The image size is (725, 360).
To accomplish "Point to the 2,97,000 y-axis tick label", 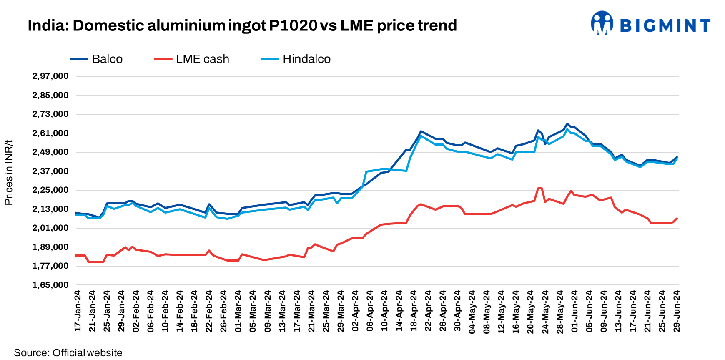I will tap(50, 76).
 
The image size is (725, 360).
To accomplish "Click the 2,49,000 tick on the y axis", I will tap(50, 152).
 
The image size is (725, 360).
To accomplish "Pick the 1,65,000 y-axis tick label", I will tap(50, 285).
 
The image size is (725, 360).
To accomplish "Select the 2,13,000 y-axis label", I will tap(50, 209).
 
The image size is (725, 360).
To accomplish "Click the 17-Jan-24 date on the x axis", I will tap(78, 311).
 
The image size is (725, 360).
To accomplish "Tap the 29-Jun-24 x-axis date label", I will tap(677, 311).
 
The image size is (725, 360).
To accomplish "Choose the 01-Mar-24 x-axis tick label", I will tap(238, 311).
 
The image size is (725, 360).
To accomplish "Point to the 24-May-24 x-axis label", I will tap(545, 311).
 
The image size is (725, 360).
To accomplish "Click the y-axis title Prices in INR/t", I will tap(9, 173).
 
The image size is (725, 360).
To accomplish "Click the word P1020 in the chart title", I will tap(293, 25).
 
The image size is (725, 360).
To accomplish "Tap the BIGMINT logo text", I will tap(665, 25).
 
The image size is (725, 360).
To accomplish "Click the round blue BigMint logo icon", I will tap(602, 23).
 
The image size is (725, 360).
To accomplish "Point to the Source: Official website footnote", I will tap(68, 353).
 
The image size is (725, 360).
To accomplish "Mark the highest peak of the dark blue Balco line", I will tap(567, 124).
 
